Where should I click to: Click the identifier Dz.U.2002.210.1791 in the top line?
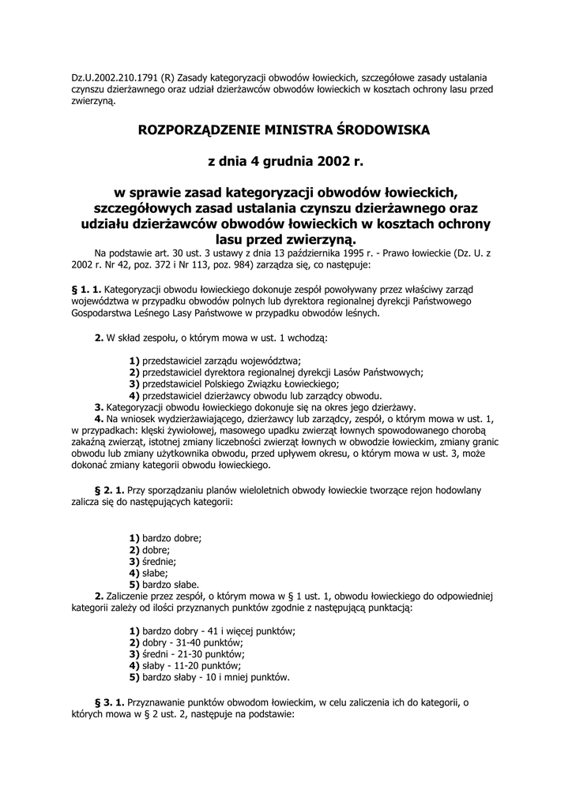click(115, 77)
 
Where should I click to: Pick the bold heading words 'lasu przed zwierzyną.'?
click(286, 239)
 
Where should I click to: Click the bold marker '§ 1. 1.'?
click(86, 290)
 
